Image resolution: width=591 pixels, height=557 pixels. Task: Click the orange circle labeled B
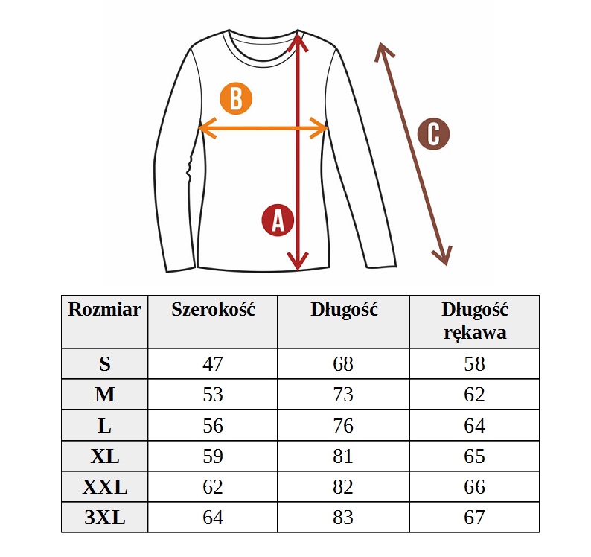tap(236, 99)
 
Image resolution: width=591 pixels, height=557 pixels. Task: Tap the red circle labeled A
tap(278, 220)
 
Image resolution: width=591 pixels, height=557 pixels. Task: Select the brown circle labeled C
tap(433, 134)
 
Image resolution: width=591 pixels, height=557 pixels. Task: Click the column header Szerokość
tap(213, 310)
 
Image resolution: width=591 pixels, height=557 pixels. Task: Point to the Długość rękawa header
tap(475, 321)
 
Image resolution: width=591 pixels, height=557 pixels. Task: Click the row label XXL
tap(105, 486)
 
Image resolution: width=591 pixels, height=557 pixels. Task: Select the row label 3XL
tap(105, 517)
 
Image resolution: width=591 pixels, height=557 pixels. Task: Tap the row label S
tap(105, 364)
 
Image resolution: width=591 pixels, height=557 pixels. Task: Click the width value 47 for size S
tap(213, 364)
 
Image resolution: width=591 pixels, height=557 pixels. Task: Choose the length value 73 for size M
tap(343, 395)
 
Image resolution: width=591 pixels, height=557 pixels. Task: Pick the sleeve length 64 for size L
tap(475, 425)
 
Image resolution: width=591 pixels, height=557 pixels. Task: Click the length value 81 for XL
tap(343, 456)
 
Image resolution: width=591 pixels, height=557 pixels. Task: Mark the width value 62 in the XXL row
tap(213, 486)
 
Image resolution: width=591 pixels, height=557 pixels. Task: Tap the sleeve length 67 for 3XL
tap(475, 517)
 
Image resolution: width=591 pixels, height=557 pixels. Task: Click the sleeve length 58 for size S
tap(475, 364)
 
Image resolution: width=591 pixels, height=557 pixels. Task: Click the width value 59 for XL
tap(213, 456)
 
